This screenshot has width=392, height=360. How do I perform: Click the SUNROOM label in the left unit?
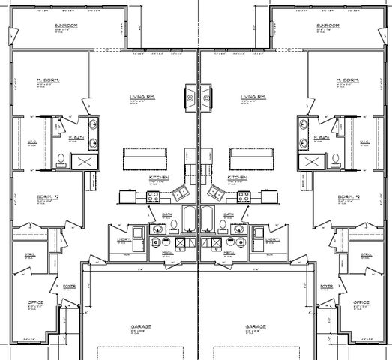tap(65, 26)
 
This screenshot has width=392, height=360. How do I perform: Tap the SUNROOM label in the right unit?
tap(327, 26)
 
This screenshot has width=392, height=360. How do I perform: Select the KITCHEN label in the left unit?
tap(158, 178)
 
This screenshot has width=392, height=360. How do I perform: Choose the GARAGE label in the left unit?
tap(139, 327)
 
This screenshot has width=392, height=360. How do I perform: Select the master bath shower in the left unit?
tap(82, 161)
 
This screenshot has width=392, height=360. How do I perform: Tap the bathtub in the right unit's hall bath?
tap(208, 219)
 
